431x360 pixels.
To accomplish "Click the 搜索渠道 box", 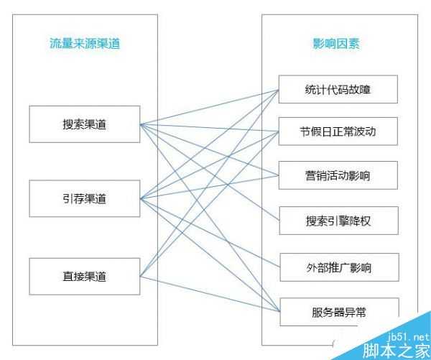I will [x=84, y=124].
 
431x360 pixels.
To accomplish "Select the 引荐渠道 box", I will [x=84, y=199].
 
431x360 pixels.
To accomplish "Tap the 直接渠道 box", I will [x=84, y=275].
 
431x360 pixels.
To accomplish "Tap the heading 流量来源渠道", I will [x=85, y=44].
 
